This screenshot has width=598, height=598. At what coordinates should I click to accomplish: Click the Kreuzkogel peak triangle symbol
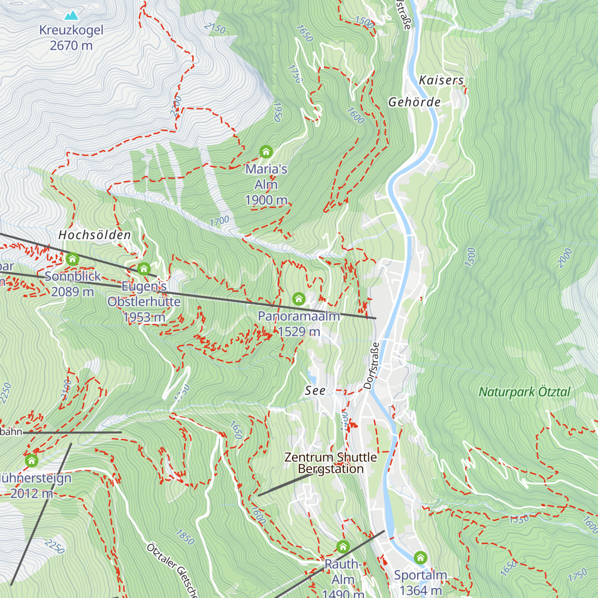71,15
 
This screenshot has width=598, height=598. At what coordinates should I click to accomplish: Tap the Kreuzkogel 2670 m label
71,38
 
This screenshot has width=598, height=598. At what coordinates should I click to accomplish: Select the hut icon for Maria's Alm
266,151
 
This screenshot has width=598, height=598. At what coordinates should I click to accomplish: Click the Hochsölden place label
95,235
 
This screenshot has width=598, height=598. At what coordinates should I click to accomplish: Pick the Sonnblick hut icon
73,259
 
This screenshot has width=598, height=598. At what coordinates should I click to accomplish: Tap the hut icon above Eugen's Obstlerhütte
144,269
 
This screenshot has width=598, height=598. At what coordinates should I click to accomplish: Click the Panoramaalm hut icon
299,299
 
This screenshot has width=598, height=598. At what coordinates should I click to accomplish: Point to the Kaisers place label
441,80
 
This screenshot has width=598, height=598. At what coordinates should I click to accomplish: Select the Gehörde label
415,102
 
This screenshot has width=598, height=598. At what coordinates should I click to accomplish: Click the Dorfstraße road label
372,365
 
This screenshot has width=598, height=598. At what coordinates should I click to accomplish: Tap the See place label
315,391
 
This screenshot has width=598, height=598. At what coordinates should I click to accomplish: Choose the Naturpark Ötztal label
524,392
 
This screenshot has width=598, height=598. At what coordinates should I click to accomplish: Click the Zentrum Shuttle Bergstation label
330,463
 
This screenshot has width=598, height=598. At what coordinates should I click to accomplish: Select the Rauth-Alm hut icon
343,547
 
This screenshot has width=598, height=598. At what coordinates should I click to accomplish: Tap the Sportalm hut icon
421,557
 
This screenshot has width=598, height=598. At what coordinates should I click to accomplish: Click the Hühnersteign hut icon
31,460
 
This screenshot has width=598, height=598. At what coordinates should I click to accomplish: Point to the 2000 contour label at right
565,258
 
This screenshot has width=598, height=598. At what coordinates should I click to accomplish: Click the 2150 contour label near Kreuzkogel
215,28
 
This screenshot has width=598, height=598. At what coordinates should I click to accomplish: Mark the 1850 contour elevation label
185,537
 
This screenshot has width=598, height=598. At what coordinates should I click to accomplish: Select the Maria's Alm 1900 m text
266,184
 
